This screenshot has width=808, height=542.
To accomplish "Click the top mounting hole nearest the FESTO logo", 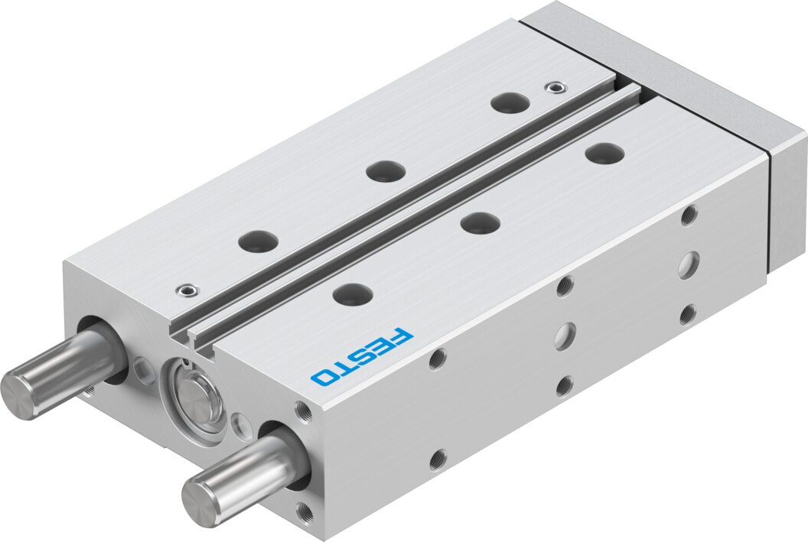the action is [x=353, y=294].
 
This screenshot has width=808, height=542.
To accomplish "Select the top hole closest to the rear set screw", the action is [x=510, y=103].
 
